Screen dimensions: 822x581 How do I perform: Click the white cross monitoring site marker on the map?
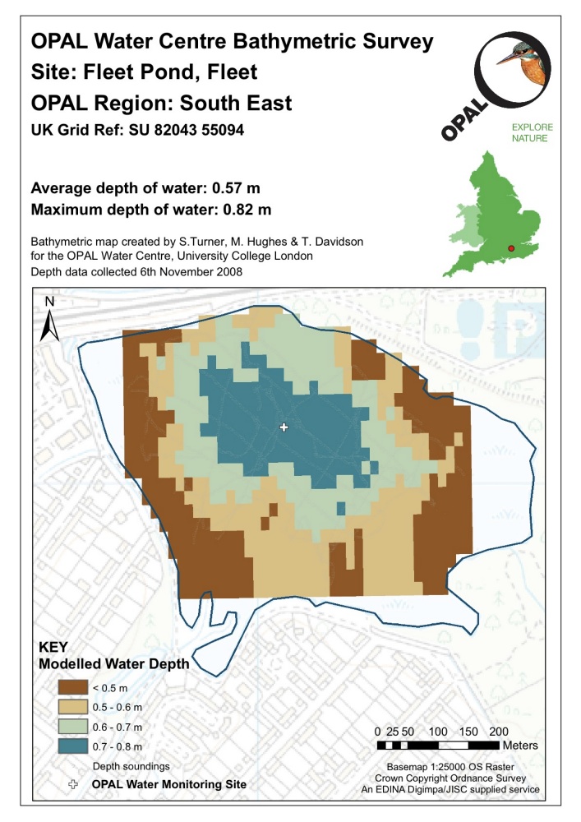click(284, 427)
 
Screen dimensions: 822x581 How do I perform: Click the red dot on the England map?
click(511, 247)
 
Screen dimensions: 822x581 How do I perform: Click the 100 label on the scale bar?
click(438, 731)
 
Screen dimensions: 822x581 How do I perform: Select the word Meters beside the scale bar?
click(519, 746)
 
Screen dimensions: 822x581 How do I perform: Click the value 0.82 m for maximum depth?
click(246, 209)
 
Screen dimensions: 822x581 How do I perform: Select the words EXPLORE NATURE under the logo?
click(532, 133)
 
